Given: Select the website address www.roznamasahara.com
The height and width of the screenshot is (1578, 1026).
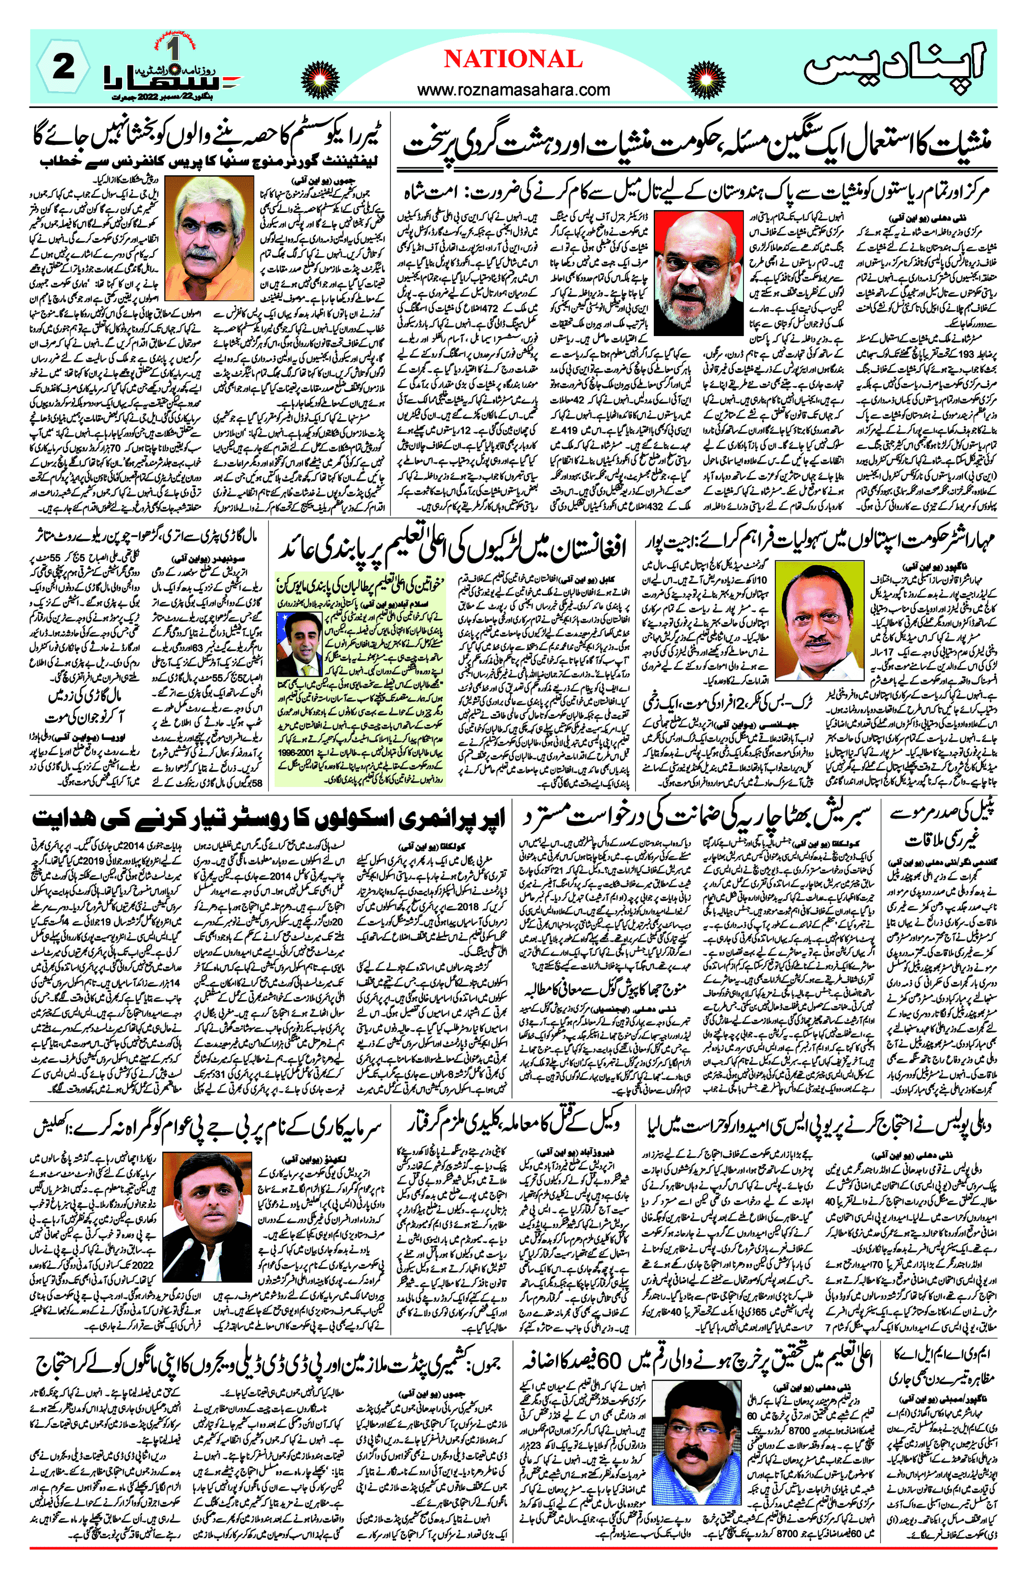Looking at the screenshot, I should (x=513, y=89).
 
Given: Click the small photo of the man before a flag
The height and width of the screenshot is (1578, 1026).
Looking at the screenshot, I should (x=299, y=642).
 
